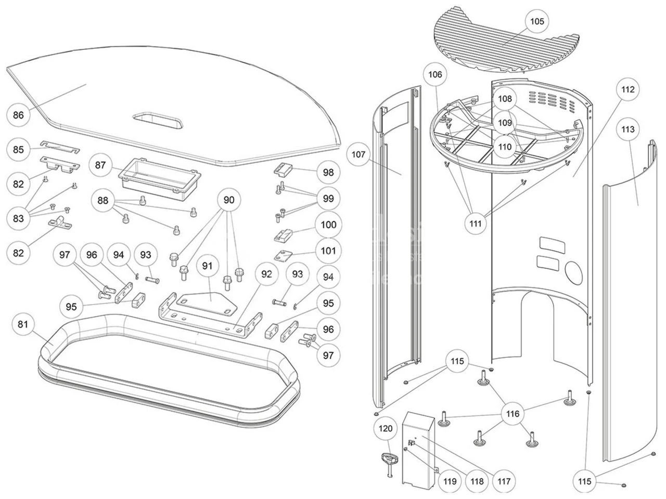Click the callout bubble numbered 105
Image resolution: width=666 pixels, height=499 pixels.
point(537,21)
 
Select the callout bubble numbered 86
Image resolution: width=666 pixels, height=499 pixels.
point(18,115)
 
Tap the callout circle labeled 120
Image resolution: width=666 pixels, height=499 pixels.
point(386,429)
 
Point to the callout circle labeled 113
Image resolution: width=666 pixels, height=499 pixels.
point(628,129)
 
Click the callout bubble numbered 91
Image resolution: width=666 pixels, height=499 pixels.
point(208,266)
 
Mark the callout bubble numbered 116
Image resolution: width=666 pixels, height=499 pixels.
point(513,414)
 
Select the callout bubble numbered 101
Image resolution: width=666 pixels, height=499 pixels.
point(328,251)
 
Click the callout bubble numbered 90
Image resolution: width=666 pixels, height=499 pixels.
point(229,199)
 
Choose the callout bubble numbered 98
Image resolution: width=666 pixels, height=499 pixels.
point(328,173)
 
